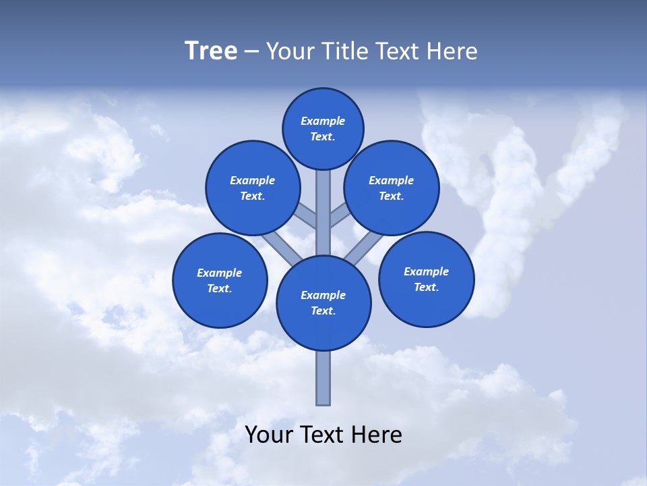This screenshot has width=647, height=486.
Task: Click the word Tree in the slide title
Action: tap(211, 51)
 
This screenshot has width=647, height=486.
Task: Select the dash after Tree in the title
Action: tap(251, 51)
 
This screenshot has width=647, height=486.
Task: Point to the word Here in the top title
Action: tap(453, 51)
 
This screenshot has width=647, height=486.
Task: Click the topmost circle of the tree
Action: tap(323, 128)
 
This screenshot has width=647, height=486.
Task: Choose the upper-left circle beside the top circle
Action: tap(252, 188)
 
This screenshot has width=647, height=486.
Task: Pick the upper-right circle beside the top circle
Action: tap(391, 188)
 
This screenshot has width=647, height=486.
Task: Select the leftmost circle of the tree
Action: tap(220, 280)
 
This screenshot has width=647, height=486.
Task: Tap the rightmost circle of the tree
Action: tap(426, 279)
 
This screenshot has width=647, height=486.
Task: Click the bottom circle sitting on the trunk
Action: tap(323, 303)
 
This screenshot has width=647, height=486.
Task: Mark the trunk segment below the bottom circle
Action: tap(323, 378)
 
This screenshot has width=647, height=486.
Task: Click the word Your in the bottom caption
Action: tap(269, 435)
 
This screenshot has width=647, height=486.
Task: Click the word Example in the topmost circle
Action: tap(323, 121)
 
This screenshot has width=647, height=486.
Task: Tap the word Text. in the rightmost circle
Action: tap(426, 287)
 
